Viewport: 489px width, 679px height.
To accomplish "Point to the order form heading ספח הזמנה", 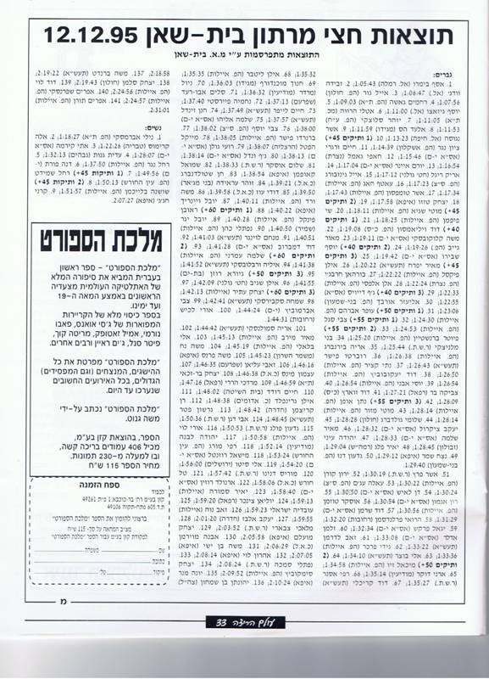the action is [86, 529].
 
